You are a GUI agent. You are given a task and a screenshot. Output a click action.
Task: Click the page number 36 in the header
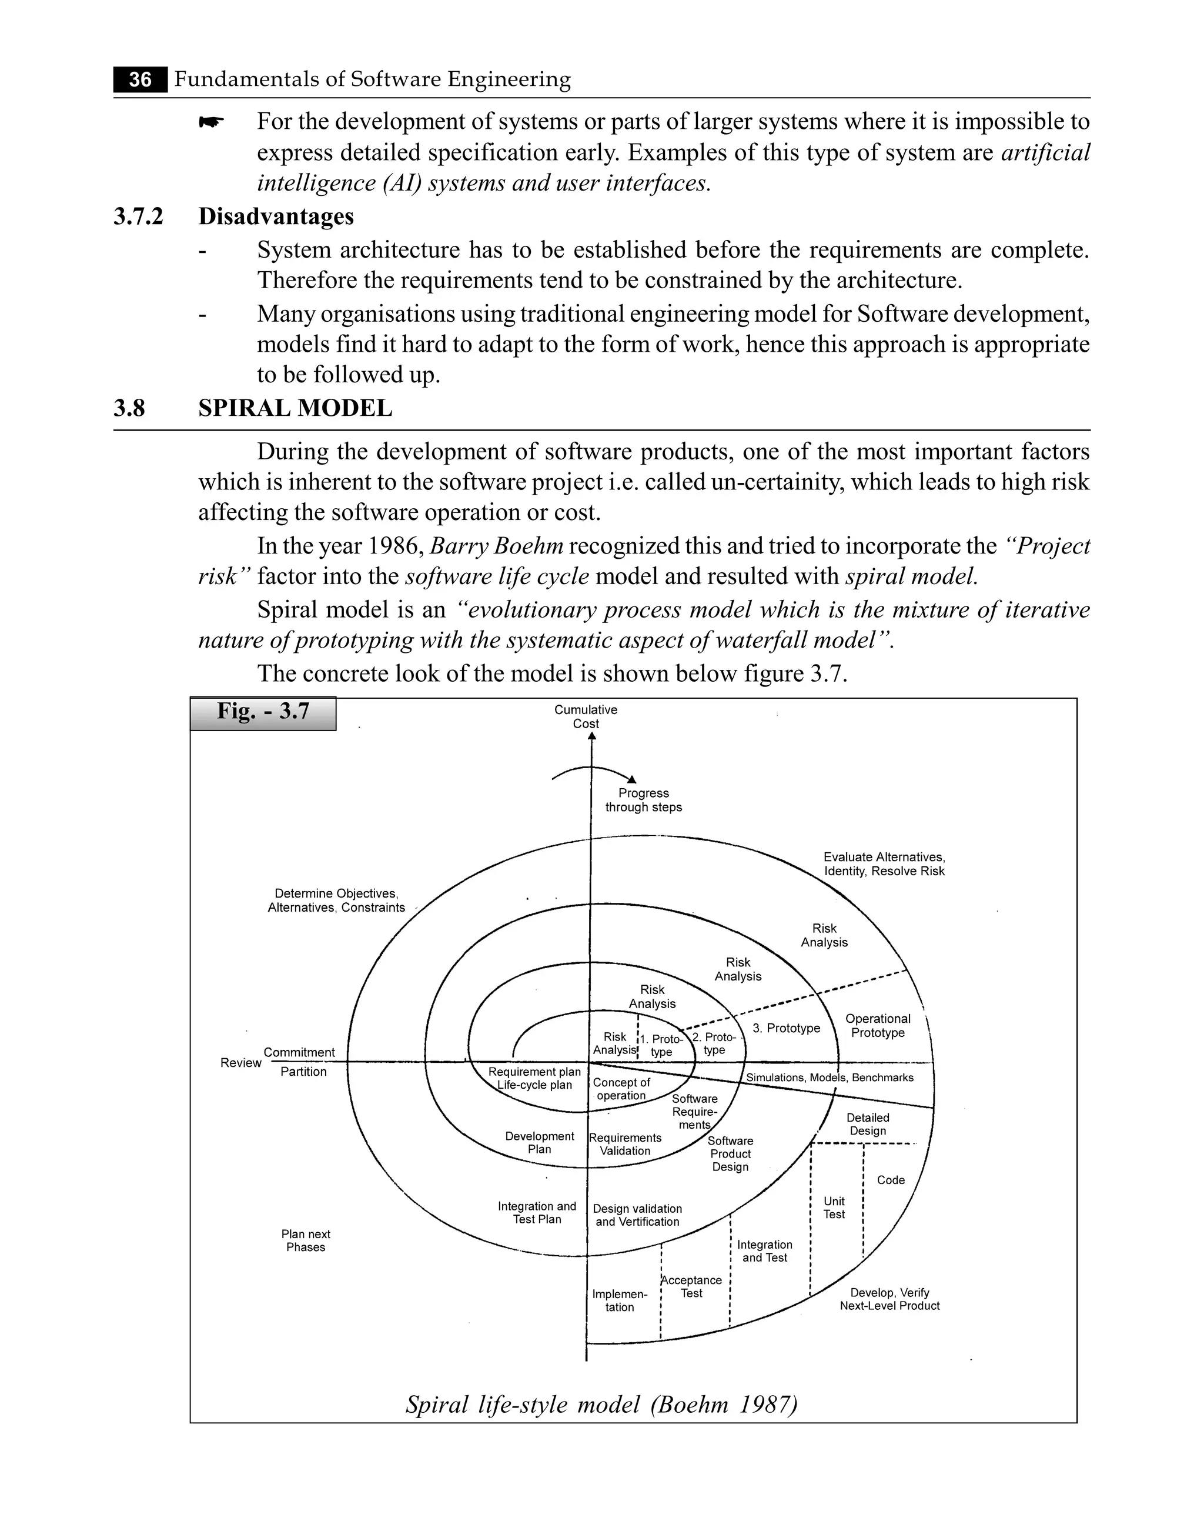point(141,79)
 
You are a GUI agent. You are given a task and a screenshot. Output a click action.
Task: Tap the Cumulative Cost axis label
point(585,716)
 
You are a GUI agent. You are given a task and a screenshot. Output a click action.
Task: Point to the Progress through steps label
point(644,800)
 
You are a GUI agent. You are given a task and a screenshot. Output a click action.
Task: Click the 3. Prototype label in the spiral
point(786,1028)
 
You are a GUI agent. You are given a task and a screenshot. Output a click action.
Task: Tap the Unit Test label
point(834,1208)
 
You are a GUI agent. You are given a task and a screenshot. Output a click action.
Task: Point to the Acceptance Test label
point(691,1286)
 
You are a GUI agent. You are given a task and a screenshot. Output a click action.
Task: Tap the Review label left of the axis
point(240,1063)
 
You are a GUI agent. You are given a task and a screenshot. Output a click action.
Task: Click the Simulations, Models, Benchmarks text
point(830,1078)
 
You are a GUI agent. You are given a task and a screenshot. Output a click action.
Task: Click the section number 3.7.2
point(138,216)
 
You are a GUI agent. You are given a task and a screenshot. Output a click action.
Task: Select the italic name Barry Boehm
point(496,546)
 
